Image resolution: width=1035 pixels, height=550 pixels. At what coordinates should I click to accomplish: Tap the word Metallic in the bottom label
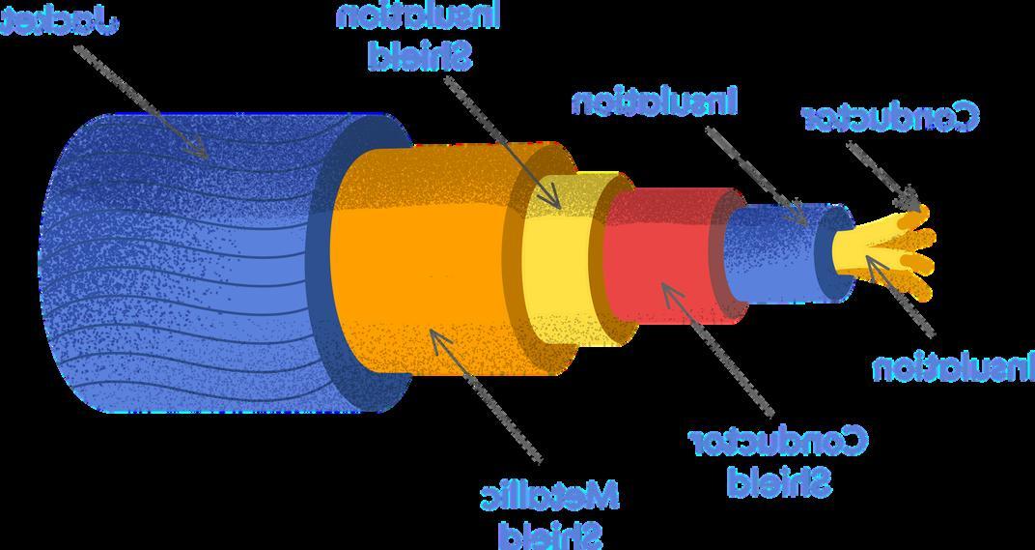point(549,496)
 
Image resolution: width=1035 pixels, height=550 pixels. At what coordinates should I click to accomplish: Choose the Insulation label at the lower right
point(953,367)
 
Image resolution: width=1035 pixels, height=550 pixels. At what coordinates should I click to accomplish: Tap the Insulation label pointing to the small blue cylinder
point(655,101)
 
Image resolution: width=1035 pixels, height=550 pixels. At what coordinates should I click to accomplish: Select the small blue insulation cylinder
point(772,251)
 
